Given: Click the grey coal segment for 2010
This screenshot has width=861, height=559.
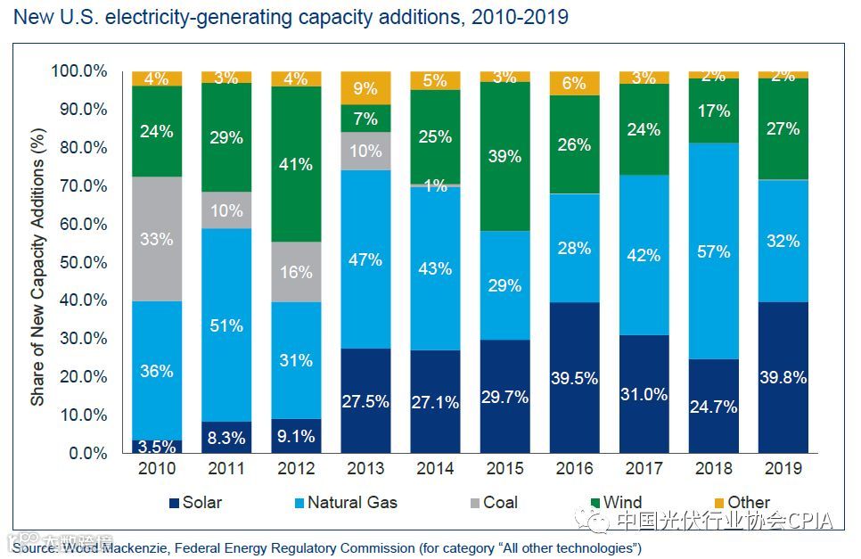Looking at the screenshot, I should [157, 239].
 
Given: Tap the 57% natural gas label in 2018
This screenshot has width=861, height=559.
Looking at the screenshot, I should [713, 251].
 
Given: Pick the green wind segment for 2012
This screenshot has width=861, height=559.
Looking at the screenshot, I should [296, 164].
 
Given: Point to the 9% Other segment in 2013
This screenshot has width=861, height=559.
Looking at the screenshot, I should [365, 88].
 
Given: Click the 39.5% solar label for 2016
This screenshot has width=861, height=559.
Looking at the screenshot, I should [574, 379].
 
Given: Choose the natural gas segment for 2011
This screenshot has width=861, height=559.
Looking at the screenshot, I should [226, 325].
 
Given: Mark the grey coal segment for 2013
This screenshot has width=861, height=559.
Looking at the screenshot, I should [365, 151].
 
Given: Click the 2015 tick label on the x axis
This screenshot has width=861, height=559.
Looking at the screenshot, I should [504, 469].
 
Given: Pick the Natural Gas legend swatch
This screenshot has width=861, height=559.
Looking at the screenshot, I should [297, 503].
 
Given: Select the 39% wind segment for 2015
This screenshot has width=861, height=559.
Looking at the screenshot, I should [504, 156].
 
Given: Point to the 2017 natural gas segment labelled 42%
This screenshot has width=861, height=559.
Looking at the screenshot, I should [644, 255].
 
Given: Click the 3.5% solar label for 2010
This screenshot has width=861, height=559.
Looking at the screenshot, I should [157, 446].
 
